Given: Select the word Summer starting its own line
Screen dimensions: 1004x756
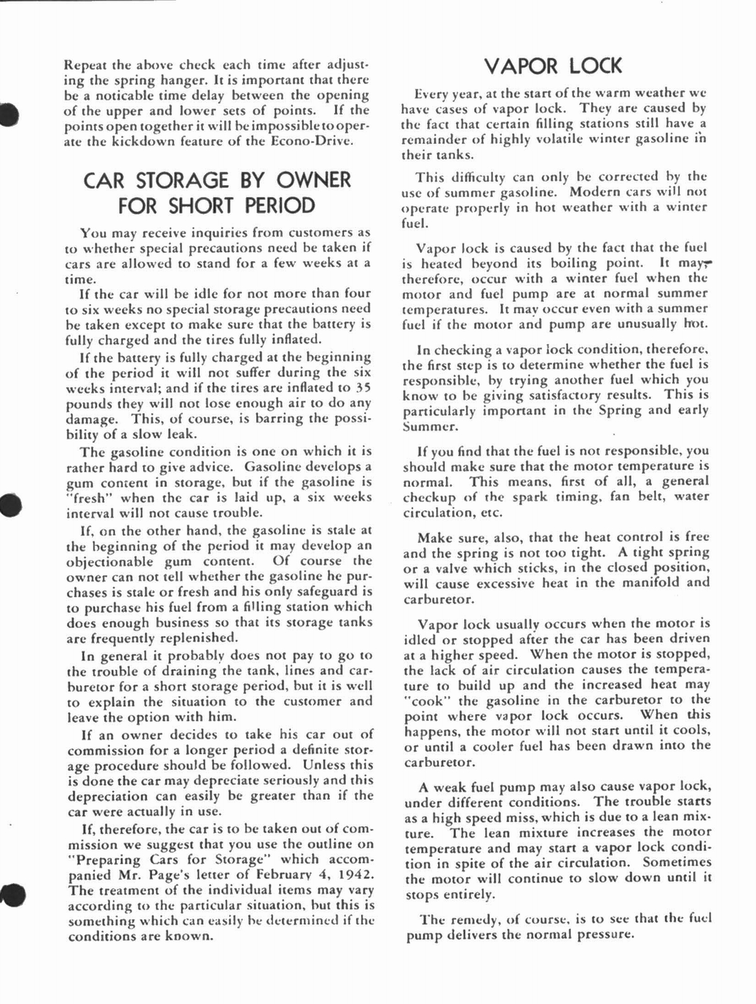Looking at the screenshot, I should [x=424, y=427].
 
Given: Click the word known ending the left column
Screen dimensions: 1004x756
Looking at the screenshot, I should [x=188, y=937].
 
